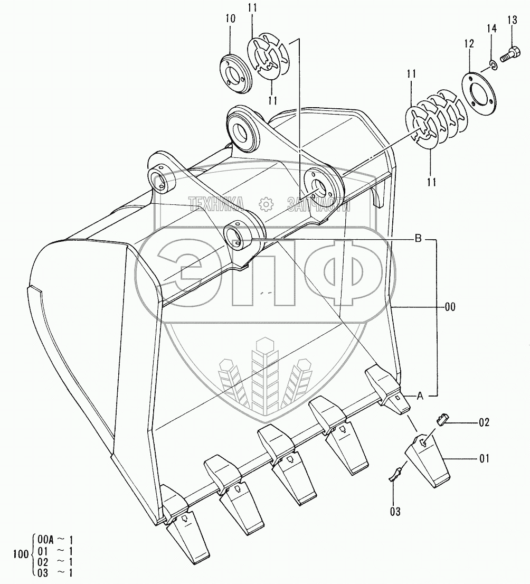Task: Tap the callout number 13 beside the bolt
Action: click(512, 21)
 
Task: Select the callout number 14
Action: click(491, 29)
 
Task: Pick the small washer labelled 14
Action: click(492, 65)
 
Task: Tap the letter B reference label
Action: click(417, 239)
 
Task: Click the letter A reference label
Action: click(420, 395)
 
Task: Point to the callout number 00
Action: click(450, 306)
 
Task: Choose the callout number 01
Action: click(484, 458)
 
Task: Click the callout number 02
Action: click(484, 422)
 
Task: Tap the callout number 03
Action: click(395, 511)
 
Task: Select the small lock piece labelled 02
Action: click(443, 419)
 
